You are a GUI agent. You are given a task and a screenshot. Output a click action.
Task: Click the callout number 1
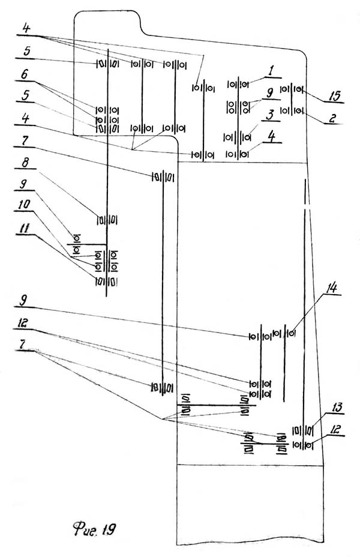271,70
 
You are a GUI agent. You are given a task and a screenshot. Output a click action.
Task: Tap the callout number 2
331,118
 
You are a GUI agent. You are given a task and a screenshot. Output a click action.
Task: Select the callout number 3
271,113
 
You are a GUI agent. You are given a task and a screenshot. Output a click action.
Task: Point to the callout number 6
25,76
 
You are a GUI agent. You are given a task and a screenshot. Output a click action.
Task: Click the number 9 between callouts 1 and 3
269,92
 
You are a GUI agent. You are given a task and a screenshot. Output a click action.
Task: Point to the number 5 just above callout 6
25,52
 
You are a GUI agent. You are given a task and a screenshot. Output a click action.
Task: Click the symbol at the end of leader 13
310,430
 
